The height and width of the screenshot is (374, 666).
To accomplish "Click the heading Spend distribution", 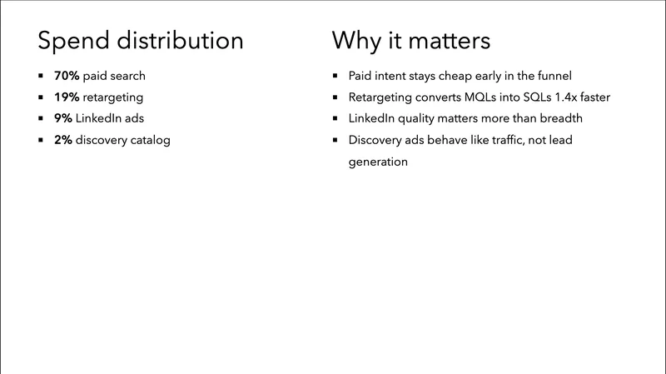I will click(142, 41).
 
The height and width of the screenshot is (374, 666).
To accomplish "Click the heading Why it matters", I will click(411, 41).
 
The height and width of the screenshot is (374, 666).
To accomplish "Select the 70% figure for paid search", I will click(67, 76).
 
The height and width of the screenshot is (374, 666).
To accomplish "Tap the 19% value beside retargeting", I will click(67, 97).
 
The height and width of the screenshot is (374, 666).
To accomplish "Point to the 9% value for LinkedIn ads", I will click(63, 118).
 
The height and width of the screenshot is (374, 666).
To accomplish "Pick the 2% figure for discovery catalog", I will click(63, 140).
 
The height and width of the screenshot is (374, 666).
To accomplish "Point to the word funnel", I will click(552, 76).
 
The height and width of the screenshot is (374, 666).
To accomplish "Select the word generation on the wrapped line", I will click(378, 162).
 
